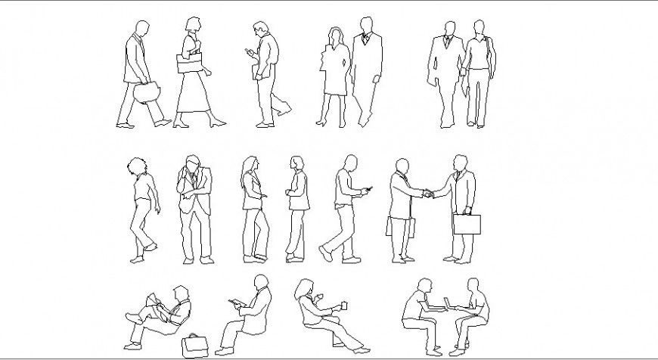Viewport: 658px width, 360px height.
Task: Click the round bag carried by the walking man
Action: (146, 92)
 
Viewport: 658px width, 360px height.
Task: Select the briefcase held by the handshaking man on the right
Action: (467, 224)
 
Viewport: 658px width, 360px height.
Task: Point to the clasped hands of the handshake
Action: (429, 194)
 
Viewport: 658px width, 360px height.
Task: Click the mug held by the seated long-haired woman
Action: (344, 306)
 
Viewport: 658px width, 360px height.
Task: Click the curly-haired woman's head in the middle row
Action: (136, 167)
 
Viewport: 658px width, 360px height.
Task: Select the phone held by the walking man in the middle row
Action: (368, 189)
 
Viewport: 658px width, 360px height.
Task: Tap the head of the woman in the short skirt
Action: (334, 35)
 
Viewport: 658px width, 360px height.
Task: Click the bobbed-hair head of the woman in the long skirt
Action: (191, 25)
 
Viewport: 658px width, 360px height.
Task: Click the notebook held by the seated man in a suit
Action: (237, 304)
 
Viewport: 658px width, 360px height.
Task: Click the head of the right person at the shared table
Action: (473, 287)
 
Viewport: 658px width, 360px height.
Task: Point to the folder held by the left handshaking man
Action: (391, 227)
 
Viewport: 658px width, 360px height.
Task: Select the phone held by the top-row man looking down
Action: (247, 53)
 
